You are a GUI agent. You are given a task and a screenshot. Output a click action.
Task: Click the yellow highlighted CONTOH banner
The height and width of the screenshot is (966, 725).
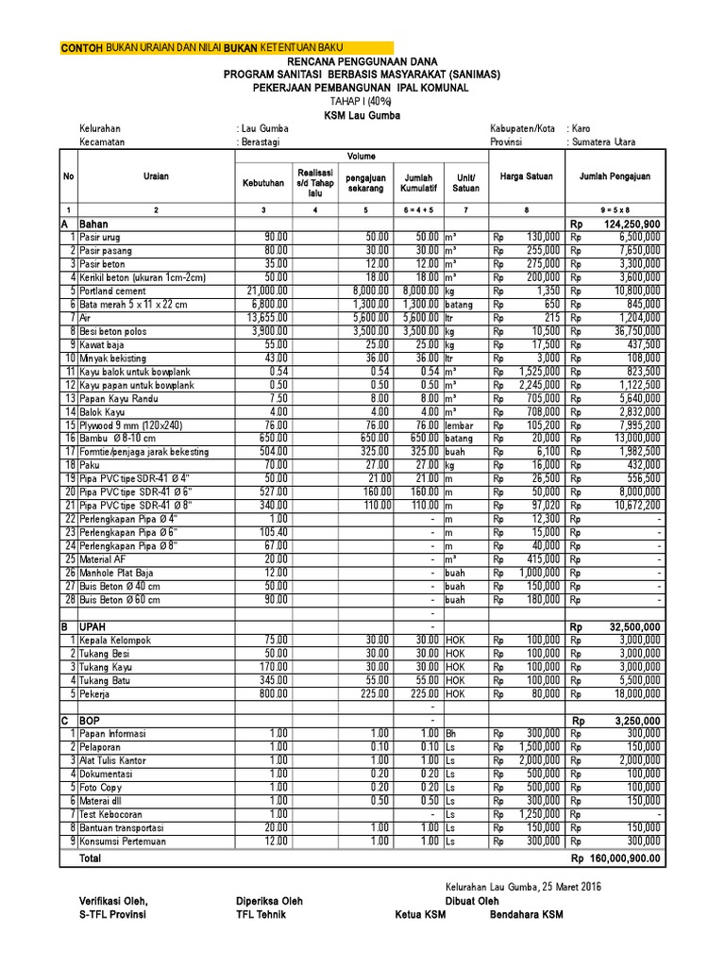[227, 47]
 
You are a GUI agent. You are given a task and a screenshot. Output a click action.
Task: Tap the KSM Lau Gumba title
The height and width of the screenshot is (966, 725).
[362, 115]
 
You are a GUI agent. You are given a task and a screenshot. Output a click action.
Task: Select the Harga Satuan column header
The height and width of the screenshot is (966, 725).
[527, 175]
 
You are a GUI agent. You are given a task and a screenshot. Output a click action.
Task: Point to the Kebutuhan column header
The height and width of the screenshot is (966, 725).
[263, 181]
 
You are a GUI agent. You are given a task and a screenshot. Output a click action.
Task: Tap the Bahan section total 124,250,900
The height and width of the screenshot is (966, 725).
[628, 224]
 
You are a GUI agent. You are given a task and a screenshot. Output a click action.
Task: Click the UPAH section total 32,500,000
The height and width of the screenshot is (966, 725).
[632, 625]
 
